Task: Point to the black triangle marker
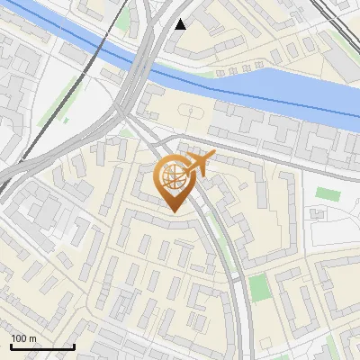coord(181,24)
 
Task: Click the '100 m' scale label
coord(24,338)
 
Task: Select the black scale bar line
coord(42,347)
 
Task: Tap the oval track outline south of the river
coord(190,112)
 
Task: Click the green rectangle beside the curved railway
coord(259,288)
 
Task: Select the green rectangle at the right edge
coord(326,194)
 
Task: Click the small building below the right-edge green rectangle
coord(319,214)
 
